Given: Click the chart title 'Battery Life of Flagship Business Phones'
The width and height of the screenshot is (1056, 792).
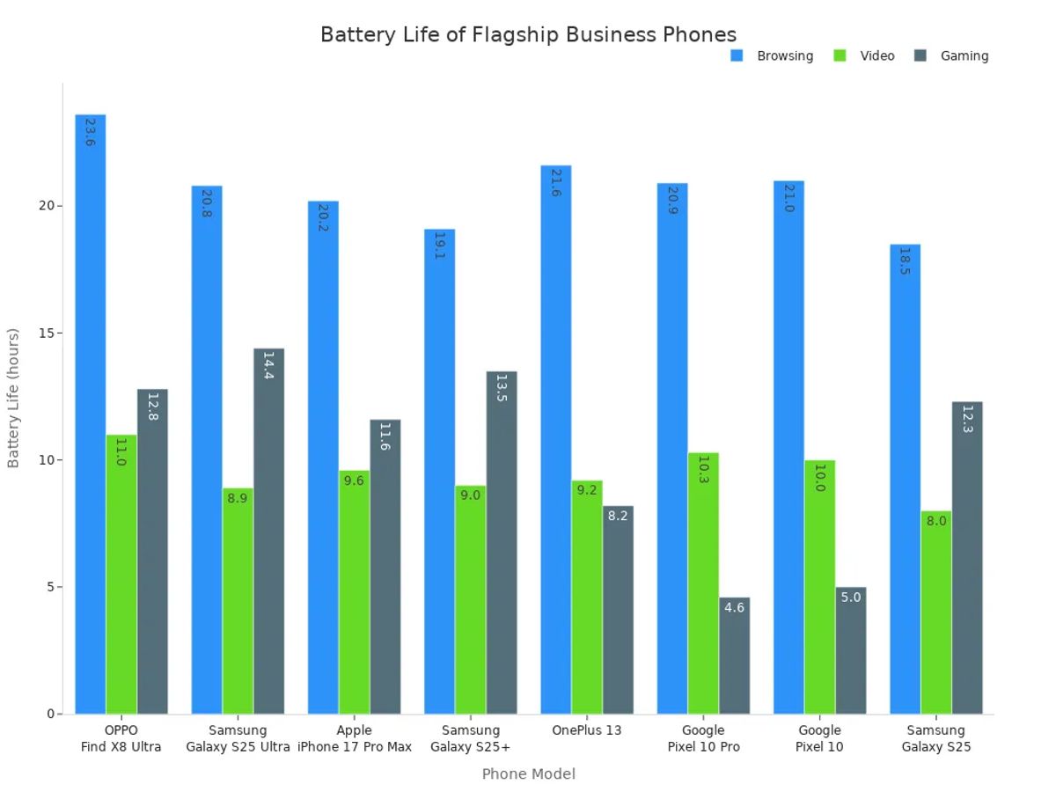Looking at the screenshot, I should click(528, 34).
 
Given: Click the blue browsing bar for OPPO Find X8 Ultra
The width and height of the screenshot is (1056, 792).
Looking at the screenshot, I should click(91, 414).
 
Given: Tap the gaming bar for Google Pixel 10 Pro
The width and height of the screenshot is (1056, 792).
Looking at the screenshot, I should click(734, 656).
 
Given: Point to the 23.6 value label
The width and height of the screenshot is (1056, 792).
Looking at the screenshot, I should click(91, 132).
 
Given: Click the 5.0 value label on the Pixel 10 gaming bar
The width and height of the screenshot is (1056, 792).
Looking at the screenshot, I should click(851, 598).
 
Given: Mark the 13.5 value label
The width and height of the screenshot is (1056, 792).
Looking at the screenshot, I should click(502, 389).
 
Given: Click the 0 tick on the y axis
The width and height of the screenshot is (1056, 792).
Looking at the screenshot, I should click(50, 714).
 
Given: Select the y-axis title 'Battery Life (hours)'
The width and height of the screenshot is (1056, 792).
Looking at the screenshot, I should click(13, 398).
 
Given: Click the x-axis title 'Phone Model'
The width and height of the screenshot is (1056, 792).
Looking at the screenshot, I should click(528, 774).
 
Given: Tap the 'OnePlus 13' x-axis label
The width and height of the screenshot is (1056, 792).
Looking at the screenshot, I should click(587, 730).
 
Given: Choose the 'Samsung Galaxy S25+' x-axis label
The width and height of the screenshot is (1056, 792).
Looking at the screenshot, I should click(470, 738).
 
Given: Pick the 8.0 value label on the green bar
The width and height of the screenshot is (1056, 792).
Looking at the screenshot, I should click(936, 521).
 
